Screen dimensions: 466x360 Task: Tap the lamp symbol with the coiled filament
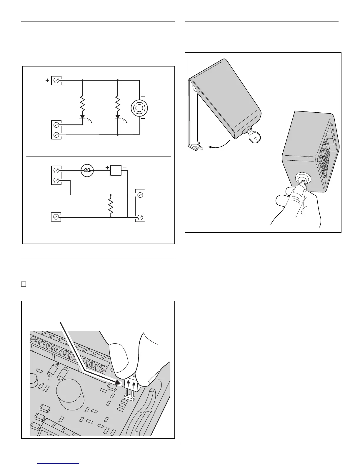point(87,170)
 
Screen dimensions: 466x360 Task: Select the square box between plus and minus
point(116,170)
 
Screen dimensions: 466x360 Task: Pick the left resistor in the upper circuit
point(82,103)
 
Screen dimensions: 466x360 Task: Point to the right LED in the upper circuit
point(118,117)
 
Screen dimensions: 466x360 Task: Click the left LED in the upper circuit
point(82,117)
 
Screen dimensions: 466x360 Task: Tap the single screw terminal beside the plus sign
point(56,80)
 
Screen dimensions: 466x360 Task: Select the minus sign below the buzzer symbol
point(143,119)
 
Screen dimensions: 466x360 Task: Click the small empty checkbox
point(23,284)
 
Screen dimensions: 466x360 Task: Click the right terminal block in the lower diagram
point(140,206)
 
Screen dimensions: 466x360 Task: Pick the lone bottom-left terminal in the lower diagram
point(56,217)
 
